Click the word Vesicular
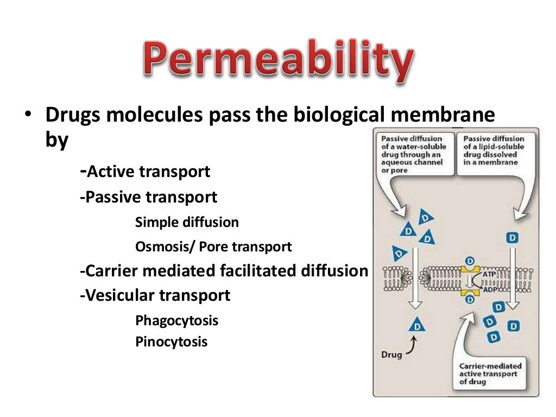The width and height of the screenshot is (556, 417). [x=121, y=296]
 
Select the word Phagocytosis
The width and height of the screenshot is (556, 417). [x=176, y=320]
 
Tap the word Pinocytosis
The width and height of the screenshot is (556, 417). [x=171, y=343]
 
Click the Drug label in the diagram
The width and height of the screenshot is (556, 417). [x=391, y=355]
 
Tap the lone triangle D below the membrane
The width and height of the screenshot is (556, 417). [x=416, y=325]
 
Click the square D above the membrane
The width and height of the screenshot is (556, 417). [x=511, y=237]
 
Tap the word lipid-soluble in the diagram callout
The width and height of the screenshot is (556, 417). [x=495, y=147]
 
